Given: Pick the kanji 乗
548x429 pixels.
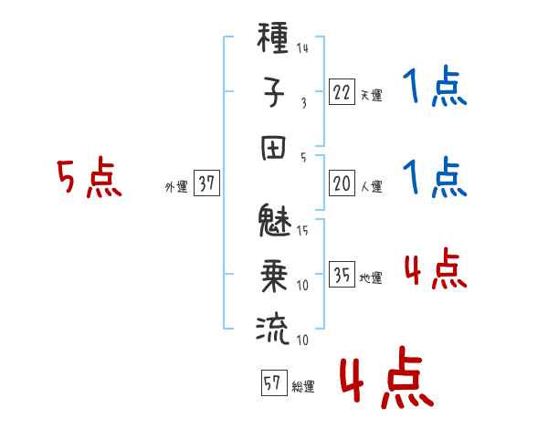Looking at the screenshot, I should click(x=274, y=275).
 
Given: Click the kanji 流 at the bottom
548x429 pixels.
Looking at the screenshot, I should click(x=274, y=329).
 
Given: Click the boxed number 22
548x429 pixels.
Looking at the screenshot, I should click(x=341, y=92).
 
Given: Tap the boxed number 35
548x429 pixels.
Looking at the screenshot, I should click(x=341, y=275).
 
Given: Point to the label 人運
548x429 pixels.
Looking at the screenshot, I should click(x=371, y=186).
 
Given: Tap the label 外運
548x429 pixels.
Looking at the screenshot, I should click(x=175, y=186).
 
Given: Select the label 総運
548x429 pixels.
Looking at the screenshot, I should click(x=302, y=386).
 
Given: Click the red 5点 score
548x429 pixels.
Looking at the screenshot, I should click(x=89, y=179).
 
